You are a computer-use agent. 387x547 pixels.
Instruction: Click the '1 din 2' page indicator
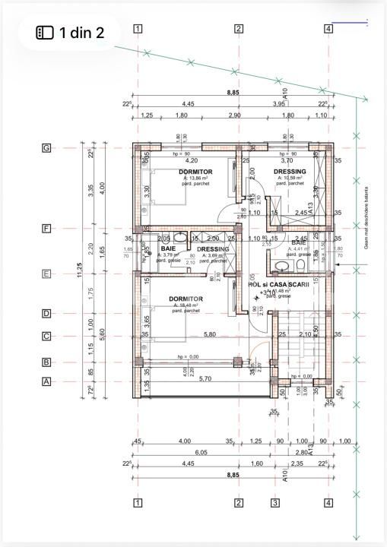pyautogui.click(x=70, y=33)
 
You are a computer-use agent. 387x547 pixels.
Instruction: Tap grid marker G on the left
pyautogui.click(x=46, y=148)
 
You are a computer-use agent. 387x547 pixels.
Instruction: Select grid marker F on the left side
pyautogui.click(x=46, y=228)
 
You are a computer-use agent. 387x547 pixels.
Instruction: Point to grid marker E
pyautogui.click(x=46, y=274)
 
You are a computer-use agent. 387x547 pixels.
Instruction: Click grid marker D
pyautogui.click(x=46, y=313)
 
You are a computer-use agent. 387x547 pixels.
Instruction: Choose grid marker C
pyautogui.click(x=46, y=336)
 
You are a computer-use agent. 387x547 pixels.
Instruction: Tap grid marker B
pyautogui.click(x=46, y=362)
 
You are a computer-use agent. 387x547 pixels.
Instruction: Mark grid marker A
pyautogui.click(x=46, y=382)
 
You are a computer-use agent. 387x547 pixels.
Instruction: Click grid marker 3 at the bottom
pyautogui.click(x=275, y=502)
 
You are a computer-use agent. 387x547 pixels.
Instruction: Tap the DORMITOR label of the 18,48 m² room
pyautogui.click(x=186, y=299)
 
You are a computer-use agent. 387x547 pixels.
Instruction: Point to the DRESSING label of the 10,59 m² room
pyautogui.click(x=290, y=172)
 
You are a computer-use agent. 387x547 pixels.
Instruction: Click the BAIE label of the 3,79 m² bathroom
pyautogui.click(x=167, y=248)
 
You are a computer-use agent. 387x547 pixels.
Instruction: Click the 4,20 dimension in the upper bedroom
pyautogui.click(x=192, y=160)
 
